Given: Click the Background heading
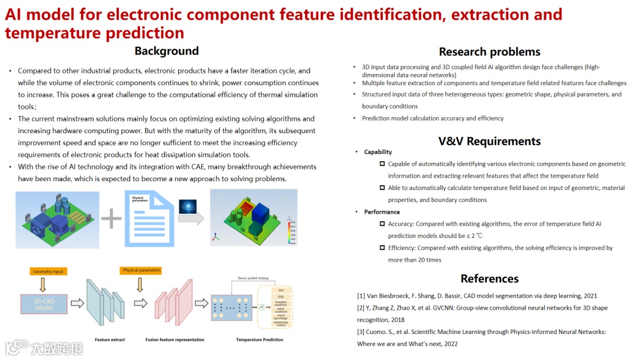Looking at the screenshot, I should [x=166, y=51].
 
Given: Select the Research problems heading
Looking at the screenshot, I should [x=489, y=52].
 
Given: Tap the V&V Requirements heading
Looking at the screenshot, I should [x=489, y=141].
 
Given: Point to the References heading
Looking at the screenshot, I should [x=489, y=278].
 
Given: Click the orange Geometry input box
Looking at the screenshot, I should [x=49, y=271].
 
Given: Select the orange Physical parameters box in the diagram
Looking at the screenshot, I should [x=141, y=271].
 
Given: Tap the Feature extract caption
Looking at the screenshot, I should [x=109, y=340].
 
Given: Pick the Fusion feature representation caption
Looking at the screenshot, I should [x=175, y=340].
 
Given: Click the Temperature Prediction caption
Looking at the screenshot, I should [x=259, y=340].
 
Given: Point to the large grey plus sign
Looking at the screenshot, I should [x=111, y=218].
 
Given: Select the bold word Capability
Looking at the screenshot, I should [x=377, y=152].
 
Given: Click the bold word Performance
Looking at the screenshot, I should [x=382, y=212].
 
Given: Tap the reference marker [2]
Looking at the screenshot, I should [x=361, y=308].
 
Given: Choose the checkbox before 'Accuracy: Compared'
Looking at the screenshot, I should [x=382, y=224].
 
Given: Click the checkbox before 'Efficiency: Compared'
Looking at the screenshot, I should [x=382, y=247].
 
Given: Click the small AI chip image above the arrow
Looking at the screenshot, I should [x=188, y=206].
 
